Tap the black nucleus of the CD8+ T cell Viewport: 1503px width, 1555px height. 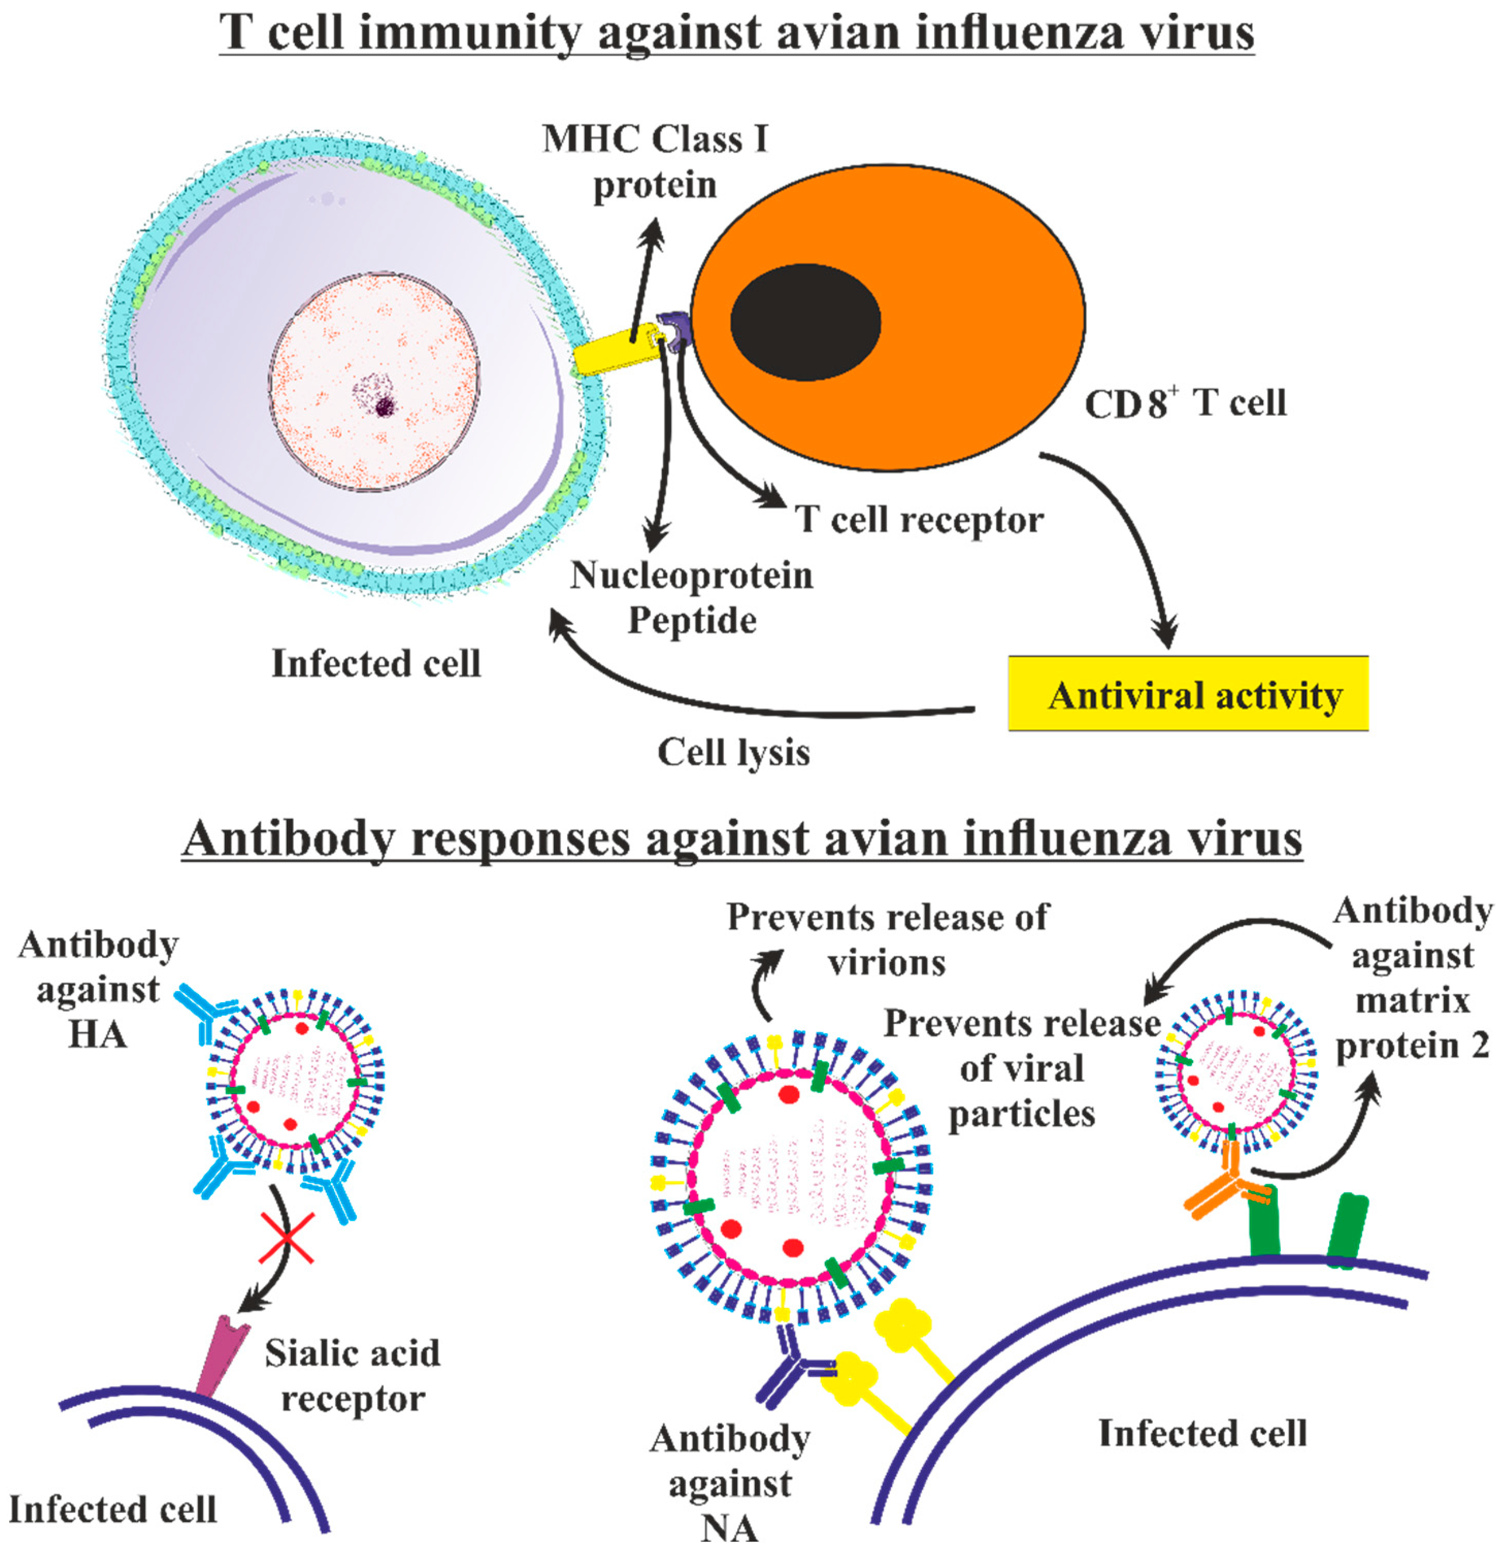pyautogui.click(x=805, y=322)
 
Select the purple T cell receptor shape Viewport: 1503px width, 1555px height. pyautogui.click(x=676, y=331)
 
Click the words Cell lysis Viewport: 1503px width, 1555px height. pyautogui.click(x=733, y=751)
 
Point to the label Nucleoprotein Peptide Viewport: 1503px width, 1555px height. pyautogui.click(x=691, y=598)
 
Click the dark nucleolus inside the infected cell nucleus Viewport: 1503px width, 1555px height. pyautogui.click(x=385, y=407)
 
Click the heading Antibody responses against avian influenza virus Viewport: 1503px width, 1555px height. pyautogui.click(x=742, y=838)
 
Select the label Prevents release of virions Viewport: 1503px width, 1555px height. pyautogui.click(x=886, y=939)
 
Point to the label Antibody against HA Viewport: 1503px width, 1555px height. pyautogui.click(x=98, y=989)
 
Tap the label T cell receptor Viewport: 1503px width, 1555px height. pyautogui.click(x=919, y=520)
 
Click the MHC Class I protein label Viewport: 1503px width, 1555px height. pyautogui.click(x=655, y=161)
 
